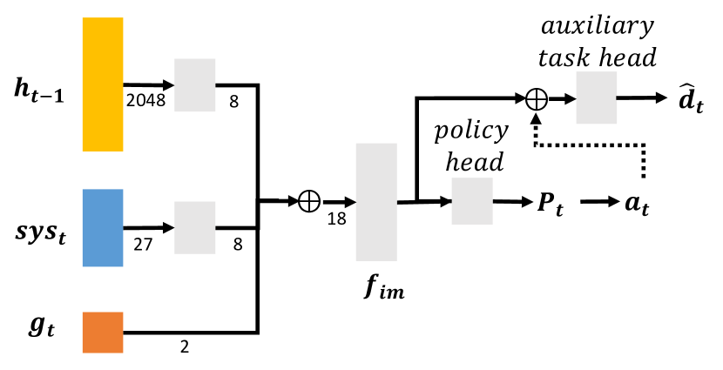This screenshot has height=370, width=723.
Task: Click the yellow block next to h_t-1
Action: (x=103, y=84)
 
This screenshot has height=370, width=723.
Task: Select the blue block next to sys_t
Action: (x=103, y=227)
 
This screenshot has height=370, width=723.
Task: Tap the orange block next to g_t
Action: (x=103, y=333)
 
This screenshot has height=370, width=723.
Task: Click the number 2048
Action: (x=145, y=100)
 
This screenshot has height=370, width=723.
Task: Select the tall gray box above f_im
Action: (x=376, y=202)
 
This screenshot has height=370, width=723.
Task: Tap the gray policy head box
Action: (x=472, y=202)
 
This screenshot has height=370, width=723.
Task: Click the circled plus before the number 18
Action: (x=308, y=202)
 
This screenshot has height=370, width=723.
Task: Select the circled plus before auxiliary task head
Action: (x=537, y=99)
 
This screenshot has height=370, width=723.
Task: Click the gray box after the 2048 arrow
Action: (x=195, y=85)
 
